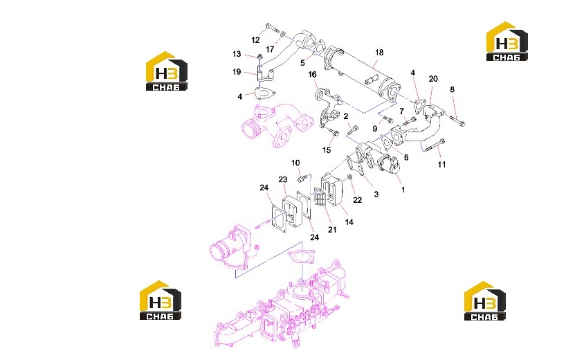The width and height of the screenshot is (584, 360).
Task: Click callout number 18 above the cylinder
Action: pyautogui.click(x=379, y=53)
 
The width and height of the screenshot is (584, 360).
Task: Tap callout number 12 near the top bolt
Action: pyautogui.click(x=255, y=40)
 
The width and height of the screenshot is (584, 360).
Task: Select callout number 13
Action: pyautogui.click(x=237, y=54)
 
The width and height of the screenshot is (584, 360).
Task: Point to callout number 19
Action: pyautogui.click(x=237, y=71)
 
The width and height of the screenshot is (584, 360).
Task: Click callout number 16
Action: pyautogui.click(x=312, y=75)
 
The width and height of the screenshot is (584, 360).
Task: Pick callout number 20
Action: pyautogui.click(x=433, y=79)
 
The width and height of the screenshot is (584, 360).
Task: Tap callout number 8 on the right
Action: pyautogui.click(x=452, y=89)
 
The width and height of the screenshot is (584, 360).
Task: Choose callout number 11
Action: pyautogui.click(x=441, y=164)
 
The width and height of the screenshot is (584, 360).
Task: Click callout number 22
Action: pyautogui.click(x=357, y=200)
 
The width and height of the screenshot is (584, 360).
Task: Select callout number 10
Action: pyautogui.click(x=295, y=163)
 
